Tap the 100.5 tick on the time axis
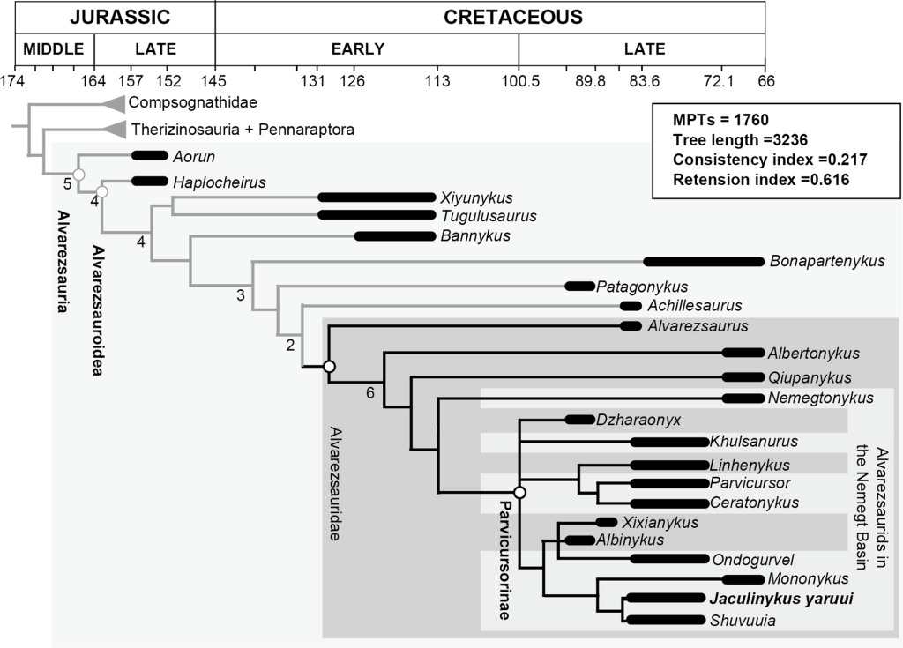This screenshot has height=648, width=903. (519, 81)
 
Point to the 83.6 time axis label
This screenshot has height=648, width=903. (645, 81)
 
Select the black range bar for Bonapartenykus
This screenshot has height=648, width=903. (703, 261)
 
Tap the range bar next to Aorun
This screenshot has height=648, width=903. (149, 156)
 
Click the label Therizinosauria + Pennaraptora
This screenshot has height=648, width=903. (243, 130)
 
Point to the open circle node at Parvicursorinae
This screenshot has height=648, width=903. (519, 492)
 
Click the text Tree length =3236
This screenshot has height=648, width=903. (740, 139)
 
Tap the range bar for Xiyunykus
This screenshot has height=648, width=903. (377, 197)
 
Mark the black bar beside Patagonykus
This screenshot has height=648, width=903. (579, 286)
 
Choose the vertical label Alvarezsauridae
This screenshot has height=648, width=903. (336, 483)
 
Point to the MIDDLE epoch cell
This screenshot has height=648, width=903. (55, 49)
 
